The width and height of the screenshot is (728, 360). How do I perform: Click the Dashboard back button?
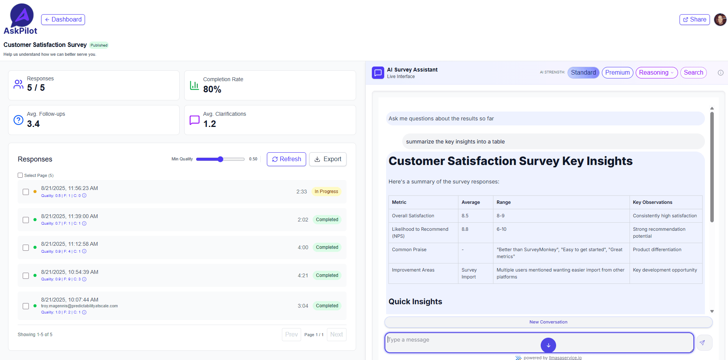63,20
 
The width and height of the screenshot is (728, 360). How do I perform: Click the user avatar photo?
720,20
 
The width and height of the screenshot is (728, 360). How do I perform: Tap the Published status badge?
99,45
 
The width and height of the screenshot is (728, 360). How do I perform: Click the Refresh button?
286,159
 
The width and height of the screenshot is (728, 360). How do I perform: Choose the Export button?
328,159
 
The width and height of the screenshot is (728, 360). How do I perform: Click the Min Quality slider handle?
220,159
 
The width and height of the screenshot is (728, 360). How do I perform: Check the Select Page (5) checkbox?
20,175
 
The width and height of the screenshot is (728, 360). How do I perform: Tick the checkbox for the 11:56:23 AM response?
26,192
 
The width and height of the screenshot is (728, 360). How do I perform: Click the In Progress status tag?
326,192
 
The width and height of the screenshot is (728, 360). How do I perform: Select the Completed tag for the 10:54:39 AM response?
327,275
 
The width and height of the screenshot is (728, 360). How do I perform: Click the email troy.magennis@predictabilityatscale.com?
79,306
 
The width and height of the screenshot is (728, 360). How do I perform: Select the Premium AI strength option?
617,73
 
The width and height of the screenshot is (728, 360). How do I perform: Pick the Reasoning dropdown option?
656,73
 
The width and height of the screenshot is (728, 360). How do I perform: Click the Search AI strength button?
693,73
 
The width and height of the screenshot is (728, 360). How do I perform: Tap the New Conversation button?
548,322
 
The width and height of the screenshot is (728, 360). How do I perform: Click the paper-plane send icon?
702,343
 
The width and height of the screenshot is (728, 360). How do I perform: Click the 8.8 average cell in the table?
465,229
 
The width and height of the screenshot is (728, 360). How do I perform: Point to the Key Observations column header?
652,202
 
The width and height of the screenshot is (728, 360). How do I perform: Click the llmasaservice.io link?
565,358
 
